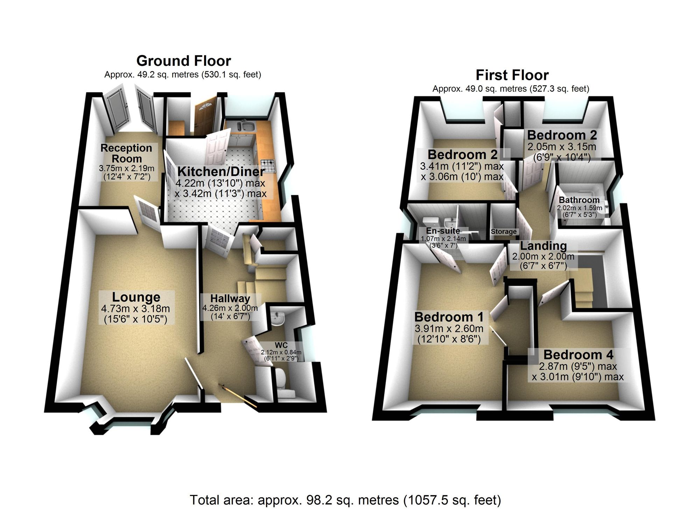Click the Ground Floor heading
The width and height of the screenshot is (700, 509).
coord(183,61)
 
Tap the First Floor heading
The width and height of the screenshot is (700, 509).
coord(512,75)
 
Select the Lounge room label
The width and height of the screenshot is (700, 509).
coord(136,297)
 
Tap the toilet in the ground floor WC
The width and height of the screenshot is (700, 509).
coord(282,381)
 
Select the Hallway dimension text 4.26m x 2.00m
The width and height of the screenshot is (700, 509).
coord(230,308)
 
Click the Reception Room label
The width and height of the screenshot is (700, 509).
coord(126,153)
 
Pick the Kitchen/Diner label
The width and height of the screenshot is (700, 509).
coord(221,171)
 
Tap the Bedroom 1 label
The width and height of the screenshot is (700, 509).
coord(449,317)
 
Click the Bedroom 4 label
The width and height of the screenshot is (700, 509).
coord(578,355)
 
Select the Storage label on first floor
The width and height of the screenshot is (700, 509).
coord(503,232)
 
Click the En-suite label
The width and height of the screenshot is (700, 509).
coord(443,231)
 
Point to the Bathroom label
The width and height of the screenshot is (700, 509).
coord(579,200)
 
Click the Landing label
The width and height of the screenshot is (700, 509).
coord(543,246)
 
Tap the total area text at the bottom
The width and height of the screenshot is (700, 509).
coord(345,500)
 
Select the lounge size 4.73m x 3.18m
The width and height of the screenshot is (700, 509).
coord(135,309)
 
